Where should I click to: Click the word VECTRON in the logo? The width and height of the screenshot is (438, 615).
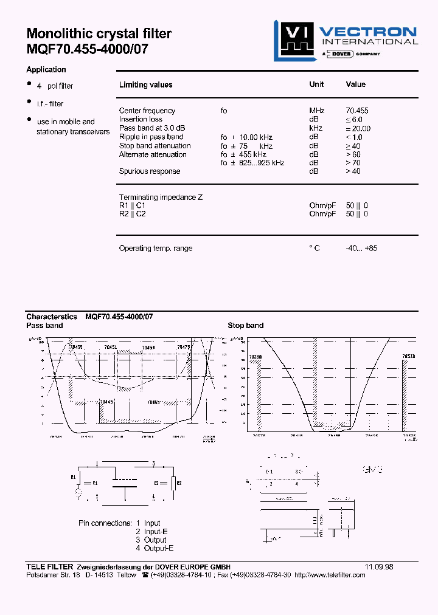[368, 32]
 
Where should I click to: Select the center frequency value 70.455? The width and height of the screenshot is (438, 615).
[357, 111]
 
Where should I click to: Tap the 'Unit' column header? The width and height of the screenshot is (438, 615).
[316, 84]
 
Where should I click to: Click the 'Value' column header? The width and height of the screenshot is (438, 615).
[356, 84]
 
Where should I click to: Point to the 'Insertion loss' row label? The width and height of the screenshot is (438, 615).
[141, 119]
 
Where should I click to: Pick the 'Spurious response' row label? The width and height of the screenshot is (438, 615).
[150, 171]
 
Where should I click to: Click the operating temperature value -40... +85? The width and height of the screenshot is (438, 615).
[361, 248]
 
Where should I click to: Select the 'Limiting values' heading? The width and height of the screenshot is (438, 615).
[145, 85]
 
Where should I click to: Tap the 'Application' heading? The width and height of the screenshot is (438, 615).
[46, 69]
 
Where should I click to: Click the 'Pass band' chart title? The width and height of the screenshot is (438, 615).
[44, 326]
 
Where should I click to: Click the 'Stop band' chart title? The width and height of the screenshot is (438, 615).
[246, 326]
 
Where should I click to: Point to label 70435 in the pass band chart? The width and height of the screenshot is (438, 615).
[76, 347]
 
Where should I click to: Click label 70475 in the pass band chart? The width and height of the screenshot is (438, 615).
[184, 347]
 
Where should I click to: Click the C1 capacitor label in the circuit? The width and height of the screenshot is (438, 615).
[94, 483]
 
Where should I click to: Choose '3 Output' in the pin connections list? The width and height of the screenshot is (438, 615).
[151, 540]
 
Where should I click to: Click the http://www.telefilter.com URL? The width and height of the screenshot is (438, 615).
[330, 575]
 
